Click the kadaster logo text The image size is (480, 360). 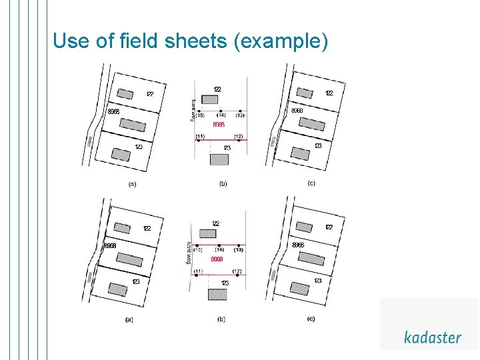[432, 337]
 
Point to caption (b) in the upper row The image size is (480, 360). [223, 183]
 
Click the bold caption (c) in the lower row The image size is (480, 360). [311, 319]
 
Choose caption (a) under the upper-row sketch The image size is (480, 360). [132, 184]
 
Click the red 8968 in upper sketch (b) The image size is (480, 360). [219, 125]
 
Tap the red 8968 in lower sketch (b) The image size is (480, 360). [217, 259]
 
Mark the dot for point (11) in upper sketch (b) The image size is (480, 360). [199, 140]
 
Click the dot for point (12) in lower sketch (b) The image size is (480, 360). [237, 275]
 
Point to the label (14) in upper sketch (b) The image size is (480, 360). [221, 115]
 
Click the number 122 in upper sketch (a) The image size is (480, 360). [150, 94]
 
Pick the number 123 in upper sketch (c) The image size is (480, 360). [318, 145]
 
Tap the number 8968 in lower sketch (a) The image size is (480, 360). [110, 245]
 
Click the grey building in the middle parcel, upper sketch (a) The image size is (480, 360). [133, 125]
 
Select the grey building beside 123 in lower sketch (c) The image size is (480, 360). [299, 288]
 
